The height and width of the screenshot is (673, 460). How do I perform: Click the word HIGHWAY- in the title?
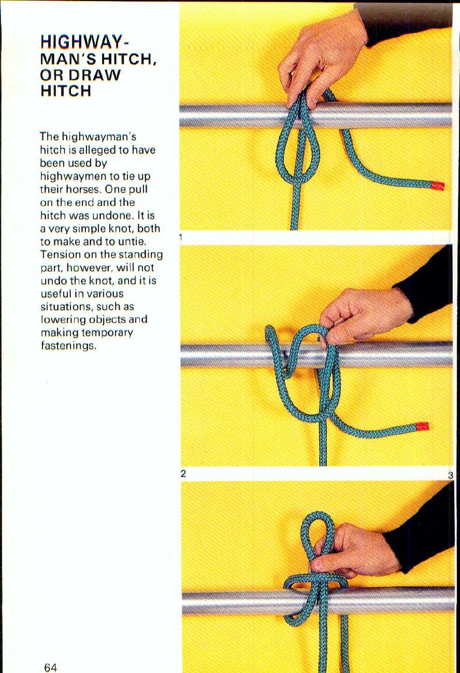tap(83, 41)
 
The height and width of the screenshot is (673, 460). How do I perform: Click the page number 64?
tap(50, 667)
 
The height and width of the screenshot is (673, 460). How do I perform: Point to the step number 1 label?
tap(180, 237)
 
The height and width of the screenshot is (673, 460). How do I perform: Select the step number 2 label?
tap(183, 474)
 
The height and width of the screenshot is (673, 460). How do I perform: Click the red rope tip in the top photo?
tap(438, 185)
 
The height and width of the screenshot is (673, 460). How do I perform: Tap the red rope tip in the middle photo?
tap(422, 427)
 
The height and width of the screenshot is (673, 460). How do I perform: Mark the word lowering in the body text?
tap(62, 320)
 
